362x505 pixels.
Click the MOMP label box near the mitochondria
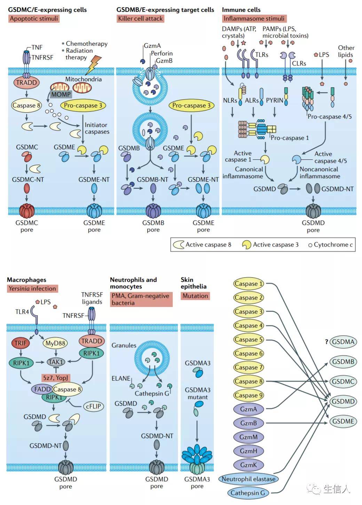coord(61,94)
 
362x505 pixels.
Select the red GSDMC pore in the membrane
coord(27,211)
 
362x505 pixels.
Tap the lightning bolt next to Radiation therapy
coord(93,65)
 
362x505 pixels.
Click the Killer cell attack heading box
coord(140,18)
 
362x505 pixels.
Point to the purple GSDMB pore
coord(153,211)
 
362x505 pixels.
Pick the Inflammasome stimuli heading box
coord(254,18)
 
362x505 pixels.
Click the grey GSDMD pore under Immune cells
coord(313,211)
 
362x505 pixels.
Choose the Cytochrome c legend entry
coord(330,245)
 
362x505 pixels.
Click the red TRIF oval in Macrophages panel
coord(21,343)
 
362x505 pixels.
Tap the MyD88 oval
coord(55,343)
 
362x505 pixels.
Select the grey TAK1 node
coord(56,362)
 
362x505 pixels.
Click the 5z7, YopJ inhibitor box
coord(56,377)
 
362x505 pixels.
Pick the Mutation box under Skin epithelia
coord(195,296)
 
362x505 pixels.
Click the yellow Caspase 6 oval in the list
coord(249,353)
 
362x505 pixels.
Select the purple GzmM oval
coord(249,437)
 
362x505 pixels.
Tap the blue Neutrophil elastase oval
coord(249,479)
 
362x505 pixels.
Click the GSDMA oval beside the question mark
coord(343,342)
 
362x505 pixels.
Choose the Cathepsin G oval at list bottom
coord(248,493)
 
